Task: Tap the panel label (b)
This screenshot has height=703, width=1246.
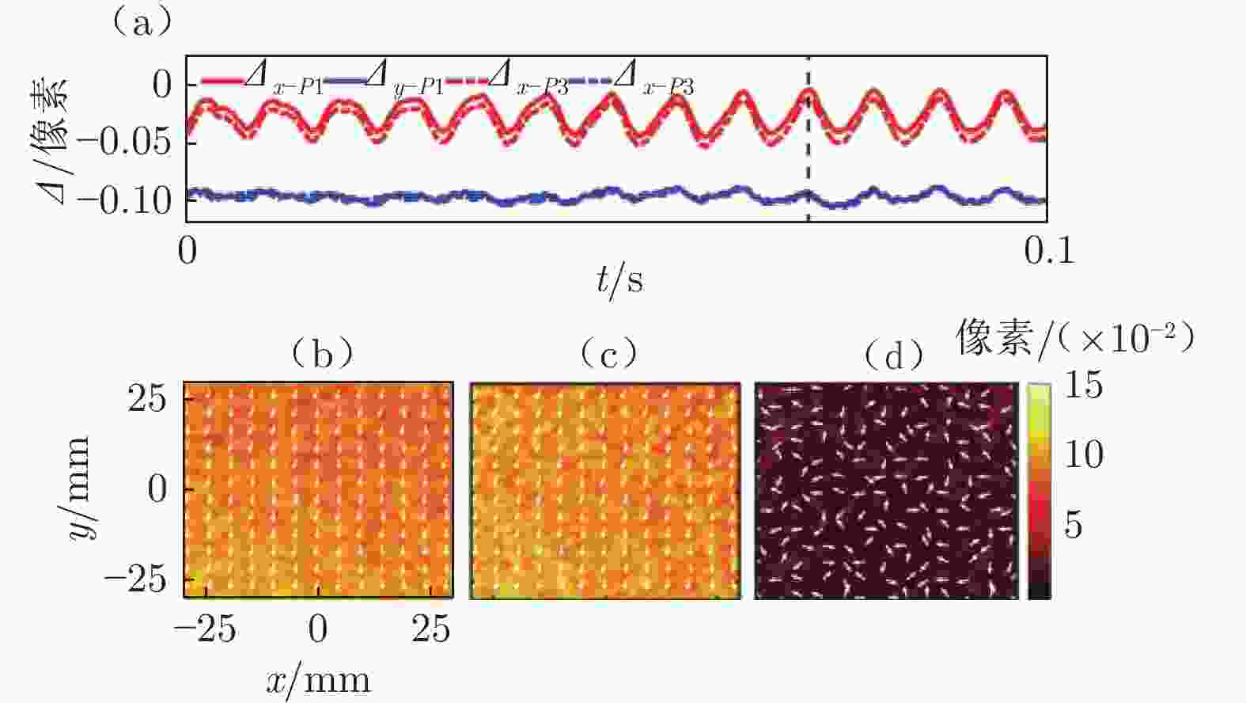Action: point(321,354)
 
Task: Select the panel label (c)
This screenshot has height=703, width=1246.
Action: point(608,354)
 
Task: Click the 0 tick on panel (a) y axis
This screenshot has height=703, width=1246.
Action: point(161,84)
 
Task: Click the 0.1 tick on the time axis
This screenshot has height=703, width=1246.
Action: point(1050,250)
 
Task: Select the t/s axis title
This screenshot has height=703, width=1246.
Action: point(619,279)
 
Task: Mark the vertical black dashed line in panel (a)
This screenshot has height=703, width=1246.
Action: point(809,158)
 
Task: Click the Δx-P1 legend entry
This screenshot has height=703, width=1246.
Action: point(262,80)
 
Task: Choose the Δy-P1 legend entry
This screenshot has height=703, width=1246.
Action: point(384,80)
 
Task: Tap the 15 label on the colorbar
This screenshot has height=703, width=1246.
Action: point(1083,386)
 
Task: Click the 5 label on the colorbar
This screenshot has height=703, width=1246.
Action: point(1073,524)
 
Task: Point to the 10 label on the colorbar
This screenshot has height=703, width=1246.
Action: point(1083,455)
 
